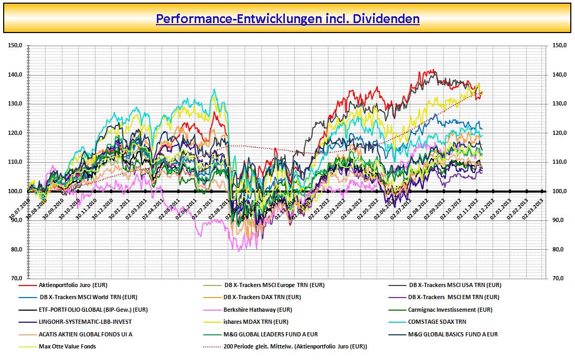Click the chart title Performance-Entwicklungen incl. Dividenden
pyautogui.click(x=287, y=19)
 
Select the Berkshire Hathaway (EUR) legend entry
pyautogui.click(x=258, y=310)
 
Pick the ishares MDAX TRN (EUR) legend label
pyautogui.click(x=256, y=322)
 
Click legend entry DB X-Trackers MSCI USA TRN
pyautogui.click(x=455, y=285)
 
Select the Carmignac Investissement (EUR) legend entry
pyautogui.click(x=450, y=310)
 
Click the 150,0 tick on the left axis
pyautogui.click(x=15, y=46)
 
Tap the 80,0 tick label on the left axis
pyautogui.click(x=15, y=249)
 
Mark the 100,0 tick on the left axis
pyautogui.click(x=15, y=191)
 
